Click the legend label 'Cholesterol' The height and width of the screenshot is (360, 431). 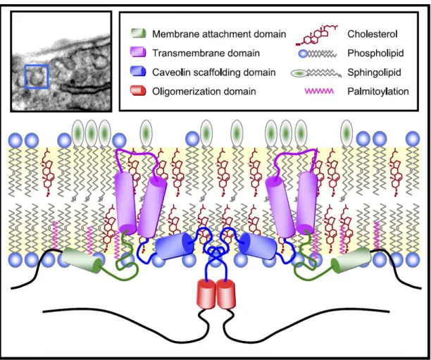pos(372,34)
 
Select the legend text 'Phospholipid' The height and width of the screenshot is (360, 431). pos(375,53)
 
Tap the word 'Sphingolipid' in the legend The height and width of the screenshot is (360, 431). pos(374,73)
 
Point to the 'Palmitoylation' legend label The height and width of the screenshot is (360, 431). pos(378,92)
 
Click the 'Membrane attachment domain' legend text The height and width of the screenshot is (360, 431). pos(219,34)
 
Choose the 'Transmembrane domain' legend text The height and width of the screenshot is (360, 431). pos(206,53)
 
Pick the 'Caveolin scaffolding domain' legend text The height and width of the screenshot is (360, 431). pos(214,73)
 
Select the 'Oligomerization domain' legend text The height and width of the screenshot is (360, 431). pos(204,92)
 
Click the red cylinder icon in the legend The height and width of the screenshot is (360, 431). pos(138,91)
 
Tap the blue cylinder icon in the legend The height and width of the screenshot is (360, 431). pos(138,71)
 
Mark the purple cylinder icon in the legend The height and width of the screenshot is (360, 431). pos(138,52)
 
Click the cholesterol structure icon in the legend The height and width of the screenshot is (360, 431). pos(317,35)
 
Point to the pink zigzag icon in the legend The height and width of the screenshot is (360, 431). pos(320,91)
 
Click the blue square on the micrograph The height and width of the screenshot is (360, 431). pos(37,77)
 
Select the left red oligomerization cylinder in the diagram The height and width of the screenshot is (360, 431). pos(206,294)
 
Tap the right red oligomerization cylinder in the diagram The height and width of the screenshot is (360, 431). pos(226,294)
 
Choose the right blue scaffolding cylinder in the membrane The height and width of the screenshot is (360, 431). pos(258,246)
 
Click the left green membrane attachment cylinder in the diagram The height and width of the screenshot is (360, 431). pos(82,260)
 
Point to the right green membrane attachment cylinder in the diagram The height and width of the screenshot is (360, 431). pos(351,260)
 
